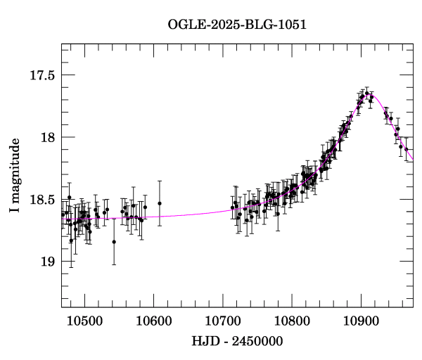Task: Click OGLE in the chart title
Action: pos(184,25)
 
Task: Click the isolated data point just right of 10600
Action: pos(160,203)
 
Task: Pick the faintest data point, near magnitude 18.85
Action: pos(114,242)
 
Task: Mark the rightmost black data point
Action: pos(401,147)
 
